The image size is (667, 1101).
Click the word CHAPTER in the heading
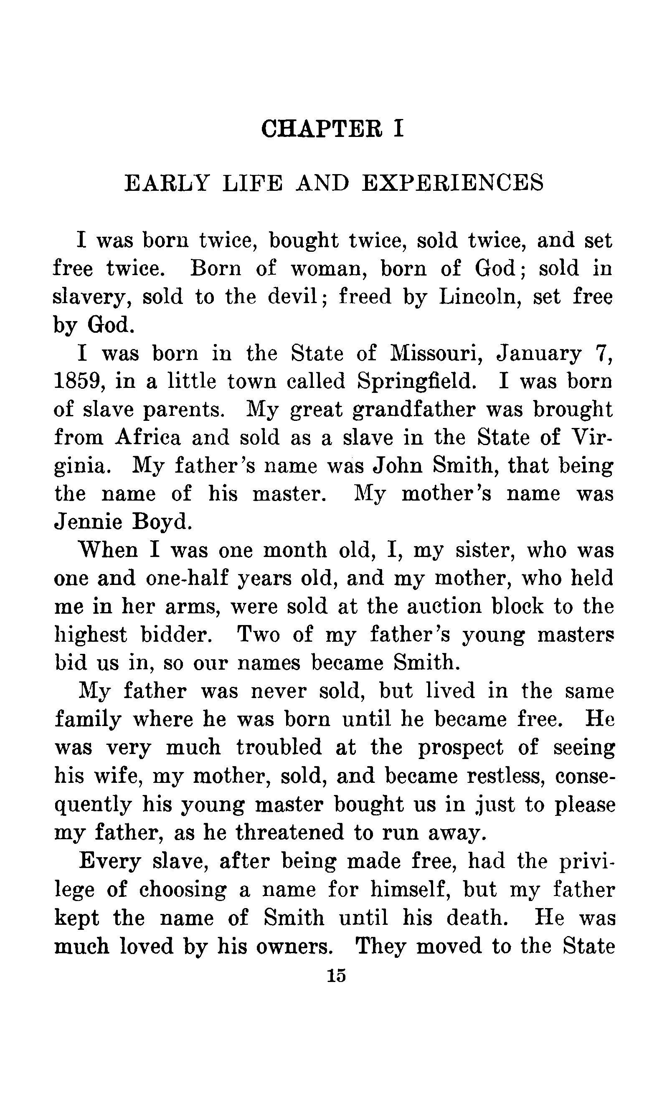(x=322, y=129)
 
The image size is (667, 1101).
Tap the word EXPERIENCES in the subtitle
(x=452, y=183)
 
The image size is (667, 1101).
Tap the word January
(x=539, y=354)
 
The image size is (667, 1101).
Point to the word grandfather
(x=413, y=410)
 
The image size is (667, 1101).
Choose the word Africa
(x=148, y=438)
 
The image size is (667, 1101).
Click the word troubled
(x=279, y=747)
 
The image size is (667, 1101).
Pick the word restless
(x=506, y=775)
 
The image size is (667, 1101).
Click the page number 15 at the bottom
(x=336, y=975)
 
